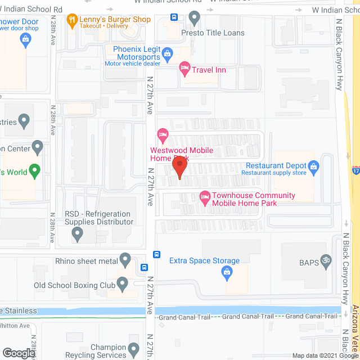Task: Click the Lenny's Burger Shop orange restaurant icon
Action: [x=71, y=21]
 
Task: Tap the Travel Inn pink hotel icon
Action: [x=184, y=69]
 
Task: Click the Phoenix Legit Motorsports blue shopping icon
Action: [x=167, y=55]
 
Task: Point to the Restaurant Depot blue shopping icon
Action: [x=314, y=166]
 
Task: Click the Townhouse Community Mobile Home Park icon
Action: [x=205, y=196]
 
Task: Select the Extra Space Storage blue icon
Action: [x=227, y=273]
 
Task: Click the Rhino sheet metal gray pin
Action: [x=125, y=260]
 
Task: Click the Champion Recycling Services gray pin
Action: [x=133, y=350]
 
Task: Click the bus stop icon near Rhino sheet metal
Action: [x=145, y=268]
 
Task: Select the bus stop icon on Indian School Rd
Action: [x=174, y=17]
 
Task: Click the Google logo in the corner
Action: [x=18, y=353]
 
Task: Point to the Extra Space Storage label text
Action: [x=205, y=261]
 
